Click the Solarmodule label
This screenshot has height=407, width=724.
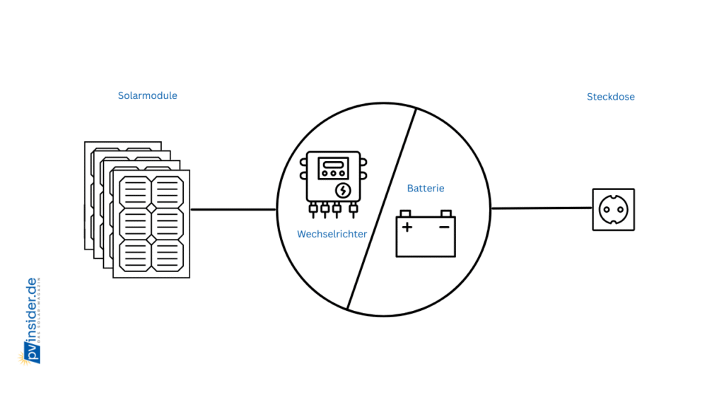pyautogui.click(x=147, y=95)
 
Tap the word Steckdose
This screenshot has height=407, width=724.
pyautogui.click(x=610, y=97)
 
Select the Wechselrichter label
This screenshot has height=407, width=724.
pyautogui.click(x=332, y=234)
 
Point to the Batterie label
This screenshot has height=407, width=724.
pyautogui.click(x=426, y=189)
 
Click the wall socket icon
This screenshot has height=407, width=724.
pyautogui.click(x=613, y=209)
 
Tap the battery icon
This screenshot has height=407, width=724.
pyautogui.click(x=426, y=235)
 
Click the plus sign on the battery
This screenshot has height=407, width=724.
pyautogui.click(x=407, y=227)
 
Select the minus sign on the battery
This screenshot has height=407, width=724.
pyautogui.click(x=444, y=227)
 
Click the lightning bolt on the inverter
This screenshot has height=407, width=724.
pyautogui.click(x=343, y=189)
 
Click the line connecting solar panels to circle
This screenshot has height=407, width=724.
pyautogui.click(x=233, y=209)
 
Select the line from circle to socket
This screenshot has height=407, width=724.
pyautogui.click(x=541, y=208)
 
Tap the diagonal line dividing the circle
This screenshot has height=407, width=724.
pyautogui.click(x=382, y=209)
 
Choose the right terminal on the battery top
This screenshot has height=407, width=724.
pyautogui.click(x=445, y=213)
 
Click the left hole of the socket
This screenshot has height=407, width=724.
pyautogui.click(x=607, y=209)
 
